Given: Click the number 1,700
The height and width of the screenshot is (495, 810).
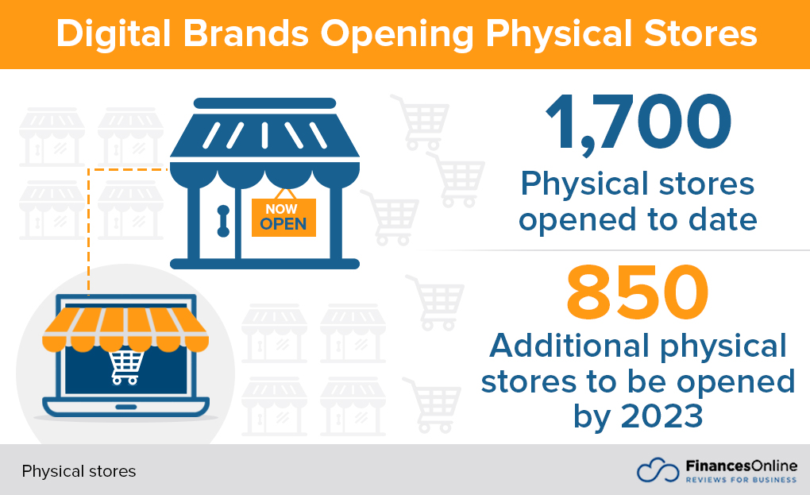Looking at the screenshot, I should click(638, 122).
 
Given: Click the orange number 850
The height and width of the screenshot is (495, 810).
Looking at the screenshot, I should click(637, 293).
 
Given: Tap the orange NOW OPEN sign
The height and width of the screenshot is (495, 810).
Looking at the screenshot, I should click(283, 217).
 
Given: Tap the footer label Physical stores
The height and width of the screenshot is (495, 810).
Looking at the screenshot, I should click(79, 471).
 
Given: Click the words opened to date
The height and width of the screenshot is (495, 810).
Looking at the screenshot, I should click(638, 219).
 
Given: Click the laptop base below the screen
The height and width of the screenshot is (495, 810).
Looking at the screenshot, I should click(126, 408).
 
